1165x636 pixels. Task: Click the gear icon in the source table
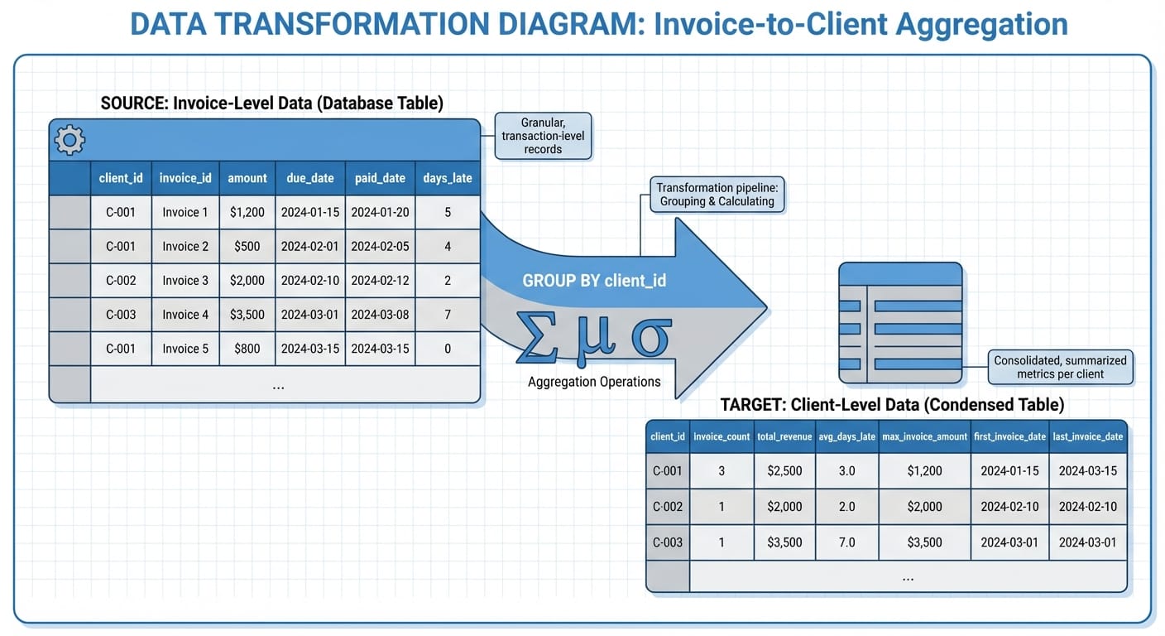[x=69, y=140]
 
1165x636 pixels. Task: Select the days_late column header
[x=448, y=178]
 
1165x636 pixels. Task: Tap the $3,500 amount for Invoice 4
[x=247, y=315]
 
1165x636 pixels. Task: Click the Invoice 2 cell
[x=185, y=246]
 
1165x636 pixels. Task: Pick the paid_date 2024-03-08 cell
[x=380, y=315]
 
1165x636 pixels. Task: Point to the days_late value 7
[x=448, y=315]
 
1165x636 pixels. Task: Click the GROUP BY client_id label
[x=594, y=281]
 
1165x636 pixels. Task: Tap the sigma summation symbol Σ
[x=538, y=338]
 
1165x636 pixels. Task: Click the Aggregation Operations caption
[x=594, y=382]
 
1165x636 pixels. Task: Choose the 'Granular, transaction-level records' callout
[x=543, y=136]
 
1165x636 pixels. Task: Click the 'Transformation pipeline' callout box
[x=717, y=194]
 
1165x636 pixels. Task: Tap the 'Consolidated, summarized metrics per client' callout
[x=1060, y=367]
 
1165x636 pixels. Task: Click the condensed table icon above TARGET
[x=900, y=323]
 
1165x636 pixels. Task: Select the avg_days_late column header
[x=846, y=436]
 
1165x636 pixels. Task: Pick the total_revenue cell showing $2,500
[x=784, y=471]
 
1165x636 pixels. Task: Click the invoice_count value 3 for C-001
[x=722, y=471]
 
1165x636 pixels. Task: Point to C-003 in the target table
[x=668, y=542]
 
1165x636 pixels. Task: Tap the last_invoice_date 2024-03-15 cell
[x=1088, y=471]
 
